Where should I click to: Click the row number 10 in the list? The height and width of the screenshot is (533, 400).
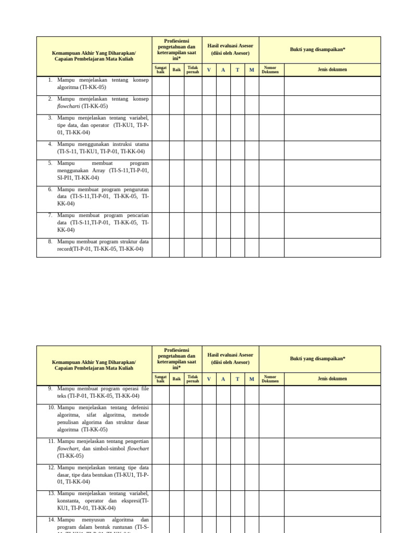coord(52,407)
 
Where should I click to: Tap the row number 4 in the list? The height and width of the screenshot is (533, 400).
coord(50,144)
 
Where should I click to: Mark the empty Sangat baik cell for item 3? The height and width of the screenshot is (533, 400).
coord(160,127)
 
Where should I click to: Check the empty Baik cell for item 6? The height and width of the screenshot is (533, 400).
coord(177,199)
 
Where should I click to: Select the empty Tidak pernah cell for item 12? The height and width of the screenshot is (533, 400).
coord(193,476)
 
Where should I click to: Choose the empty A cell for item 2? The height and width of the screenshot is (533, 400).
coord(223,104)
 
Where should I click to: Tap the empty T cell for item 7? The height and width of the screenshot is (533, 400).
coord(238,225)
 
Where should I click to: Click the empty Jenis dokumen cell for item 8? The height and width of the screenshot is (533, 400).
coord(332,248)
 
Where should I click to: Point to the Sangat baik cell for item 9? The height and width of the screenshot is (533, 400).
coord(160,395)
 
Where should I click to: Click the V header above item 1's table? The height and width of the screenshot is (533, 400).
coord(209,70)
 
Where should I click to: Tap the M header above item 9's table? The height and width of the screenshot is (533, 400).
coord(252,379)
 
